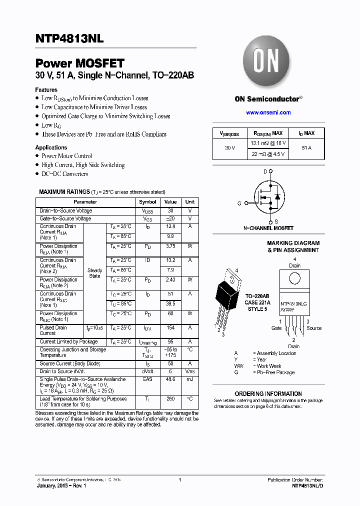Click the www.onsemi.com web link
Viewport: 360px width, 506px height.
pyautogui.click(x=268, y=112)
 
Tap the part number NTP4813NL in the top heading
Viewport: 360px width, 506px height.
pyautogui.click(x=69, y=37)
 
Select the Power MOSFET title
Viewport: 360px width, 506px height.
pyautogui.click(x=79, y=63)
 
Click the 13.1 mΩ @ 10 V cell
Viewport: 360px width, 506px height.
pyautogui.click(x=268, y=143)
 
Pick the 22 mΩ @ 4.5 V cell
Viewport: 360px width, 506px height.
pyautogui.click(x=268, y=154)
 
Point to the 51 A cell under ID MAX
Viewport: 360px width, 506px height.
pyautogui.click(x=306, y=148)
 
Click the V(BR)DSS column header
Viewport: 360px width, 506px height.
pyautogui.click(x=229, y=133)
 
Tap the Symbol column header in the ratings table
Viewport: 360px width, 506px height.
pyautogui.click(x=147, y=202)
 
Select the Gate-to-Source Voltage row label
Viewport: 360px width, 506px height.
pyautogui.click(x=65, y=218)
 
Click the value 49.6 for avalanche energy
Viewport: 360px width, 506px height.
pyautogui.click(x=170, y=379)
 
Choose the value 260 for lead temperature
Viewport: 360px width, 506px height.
pyautogui.click(x=170, y=399)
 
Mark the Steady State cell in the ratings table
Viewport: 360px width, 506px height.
pyautogui.click(x=94, y=273)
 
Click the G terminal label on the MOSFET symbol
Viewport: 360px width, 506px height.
pyautogui.click(x=239, y=203)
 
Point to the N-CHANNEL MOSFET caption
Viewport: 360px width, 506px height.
pyautogui.click(x=268, y=228)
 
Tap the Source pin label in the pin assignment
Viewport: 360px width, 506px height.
pyautogui.click(x=314, y=328)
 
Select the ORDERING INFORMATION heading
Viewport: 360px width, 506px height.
pyautogui.click(x=268, y=393)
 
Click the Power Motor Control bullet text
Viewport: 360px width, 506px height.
pyautogui.click(x=66, y=156)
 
